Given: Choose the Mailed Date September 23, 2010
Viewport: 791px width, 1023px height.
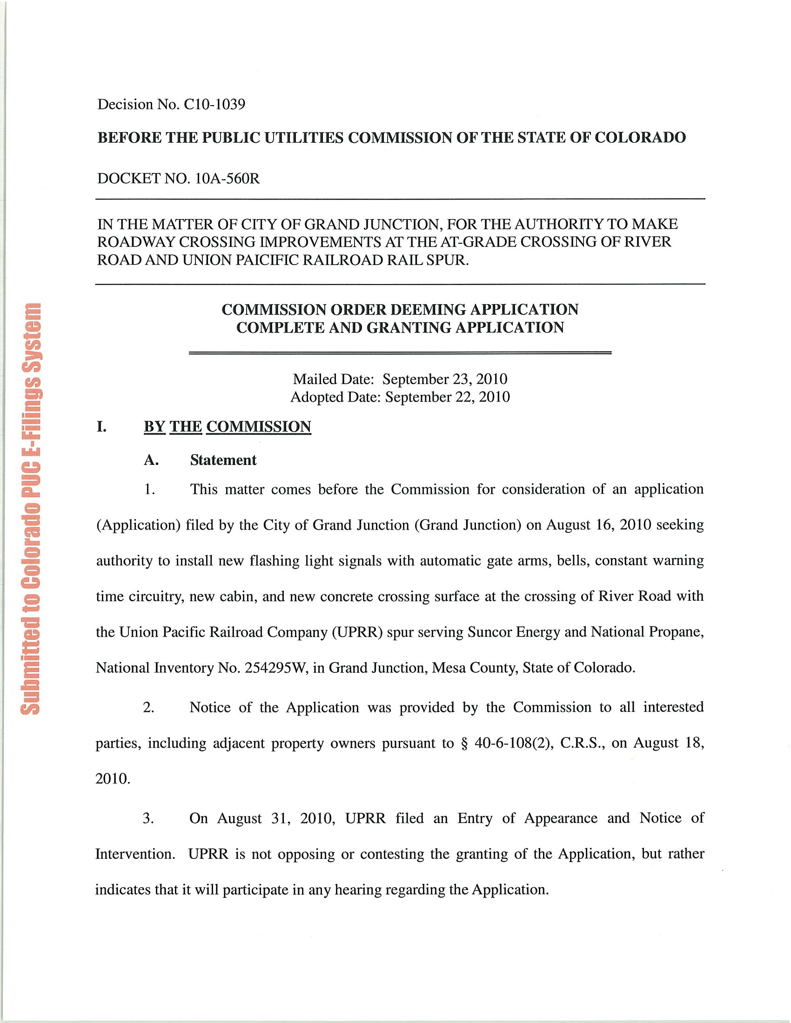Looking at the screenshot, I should (x=445, y=379).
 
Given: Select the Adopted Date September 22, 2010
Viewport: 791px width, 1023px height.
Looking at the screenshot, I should (x=447, y=397).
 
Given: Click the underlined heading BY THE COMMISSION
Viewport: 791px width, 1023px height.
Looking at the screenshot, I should (x=227, y=427).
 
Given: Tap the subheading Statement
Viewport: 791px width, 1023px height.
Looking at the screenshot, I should (x=223, y=460).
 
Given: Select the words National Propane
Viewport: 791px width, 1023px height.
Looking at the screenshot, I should (x=646, y=632).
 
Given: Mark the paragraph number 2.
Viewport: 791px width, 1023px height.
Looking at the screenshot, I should (x=148, y=707).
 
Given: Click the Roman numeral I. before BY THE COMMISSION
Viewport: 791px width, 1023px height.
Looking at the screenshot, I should (x=101, y=427).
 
